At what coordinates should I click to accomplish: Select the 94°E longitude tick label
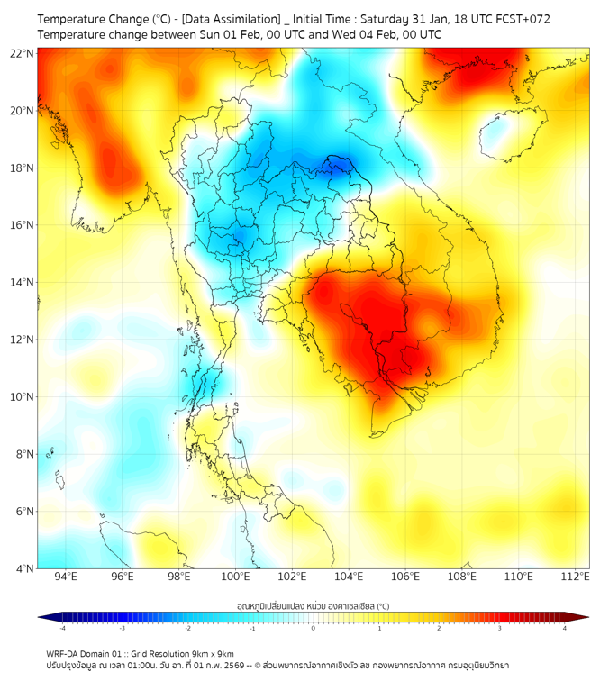point(66,577)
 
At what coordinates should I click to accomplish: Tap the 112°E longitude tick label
point(577,577)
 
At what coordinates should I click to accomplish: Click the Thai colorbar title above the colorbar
point(313,605)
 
